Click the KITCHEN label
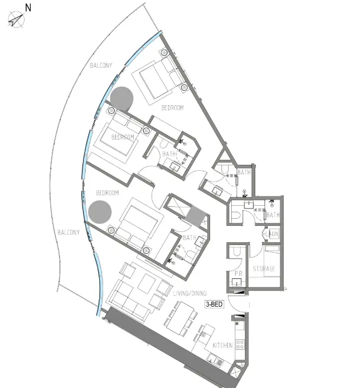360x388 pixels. pyautogui.click(x=223, y=345)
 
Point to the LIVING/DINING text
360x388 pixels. pyautogui.click(x=186, y=294)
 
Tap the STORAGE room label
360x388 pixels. pyautogui.click(x=264, y=270)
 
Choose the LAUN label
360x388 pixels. pyautogui.click(x=272, y=234)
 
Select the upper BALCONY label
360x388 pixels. pyautogui.click(x=101, y=65)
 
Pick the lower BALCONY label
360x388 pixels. pyautogui.click(x=68, y=232)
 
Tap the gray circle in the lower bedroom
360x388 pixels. pyautogui.click(x=100, y=211)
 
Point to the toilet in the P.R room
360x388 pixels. pyautogui.click(x=237, y=253)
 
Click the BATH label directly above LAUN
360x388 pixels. pyautogui.click(x=273, y=215)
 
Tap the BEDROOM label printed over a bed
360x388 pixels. pyautogui.click(x=123, y=138)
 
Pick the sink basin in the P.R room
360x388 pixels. pyautogui.click(x=237, y=282)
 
